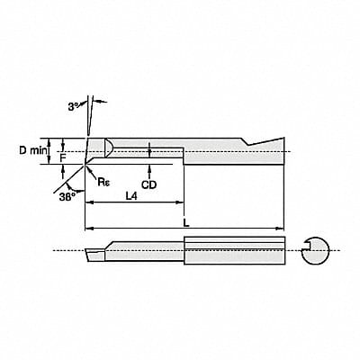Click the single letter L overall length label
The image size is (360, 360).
pyautogui.click(x=186, y=219)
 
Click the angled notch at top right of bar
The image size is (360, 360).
pyautogui.click(x=261, y=140)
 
